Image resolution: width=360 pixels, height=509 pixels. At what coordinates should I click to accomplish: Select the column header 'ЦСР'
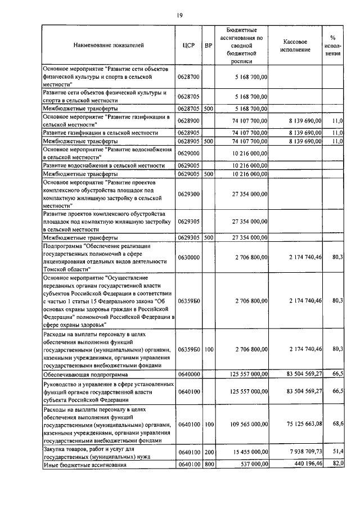point(188,44)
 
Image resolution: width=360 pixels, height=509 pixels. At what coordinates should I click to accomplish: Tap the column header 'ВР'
point(208,44)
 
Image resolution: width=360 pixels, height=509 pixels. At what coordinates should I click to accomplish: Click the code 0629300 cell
point(188,193)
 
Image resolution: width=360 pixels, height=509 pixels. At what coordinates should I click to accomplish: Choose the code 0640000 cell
point(188,374)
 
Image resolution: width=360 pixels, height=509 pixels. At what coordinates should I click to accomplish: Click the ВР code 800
point(209,465)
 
